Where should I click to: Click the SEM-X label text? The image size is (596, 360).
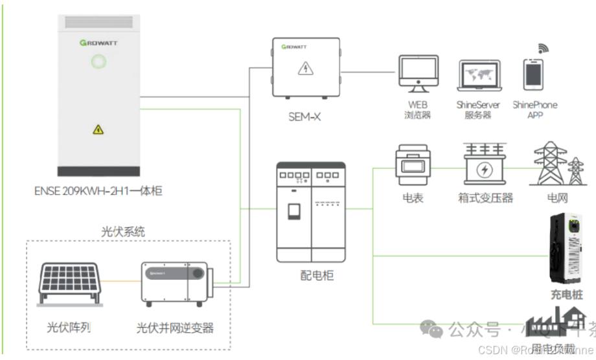304,117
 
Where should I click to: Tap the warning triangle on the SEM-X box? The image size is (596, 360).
303,69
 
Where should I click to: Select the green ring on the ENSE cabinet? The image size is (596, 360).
98,62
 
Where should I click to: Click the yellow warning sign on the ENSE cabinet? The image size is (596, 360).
98,129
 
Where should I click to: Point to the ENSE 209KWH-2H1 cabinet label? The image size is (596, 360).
98,191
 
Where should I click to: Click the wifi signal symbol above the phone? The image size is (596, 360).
543,47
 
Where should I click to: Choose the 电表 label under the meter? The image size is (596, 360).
413,198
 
